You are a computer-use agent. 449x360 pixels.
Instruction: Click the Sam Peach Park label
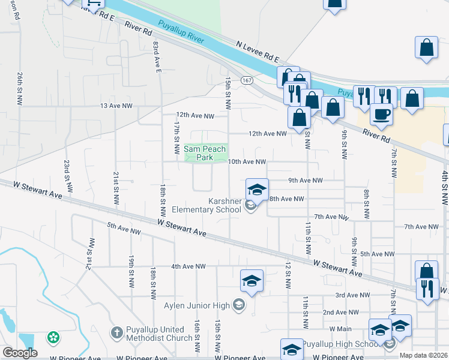[205, 153]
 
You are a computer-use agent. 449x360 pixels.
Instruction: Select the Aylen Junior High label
[197, 305]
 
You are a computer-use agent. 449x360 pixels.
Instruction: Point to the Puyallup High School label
[340, 344]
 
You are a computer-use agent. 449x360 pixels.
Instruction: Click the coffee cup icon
[381, 113]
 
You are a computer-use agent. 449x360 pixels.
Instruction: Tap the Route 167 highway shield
[247, 80]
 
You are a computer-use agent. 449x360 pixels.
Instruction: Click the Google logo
[20, 352]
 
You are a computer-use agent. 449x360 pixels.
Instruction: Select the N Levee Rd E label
[258, 52]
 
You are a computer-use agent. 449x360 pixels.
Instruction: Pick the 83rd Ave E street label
[157, 57]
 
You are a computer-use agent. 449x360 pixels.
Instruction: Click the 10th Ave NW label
[247, 161]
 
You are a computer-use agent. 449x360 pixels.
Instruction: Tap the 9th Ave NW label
[306, 180]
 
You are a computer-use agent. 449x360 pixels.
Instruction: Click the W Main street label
[340, 329]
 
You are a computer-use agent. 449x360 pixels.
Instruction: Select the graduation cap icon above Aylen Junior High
[252, 280]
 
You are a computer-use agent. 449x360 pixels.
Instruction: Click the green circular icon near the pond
[53, 338]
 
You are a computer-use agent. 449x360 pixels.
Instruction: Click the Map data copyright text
[423, 355]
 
